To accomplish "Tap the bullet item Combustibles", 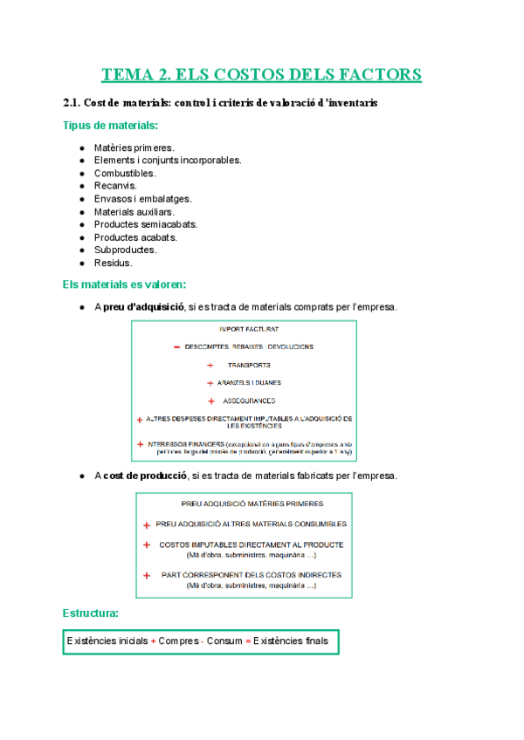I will click(126, 173).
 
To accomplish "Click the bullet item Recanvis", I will click(115, 186).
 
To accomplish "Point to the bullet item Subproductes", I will click(126, 250).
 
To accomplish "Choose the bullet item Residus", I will click(114, 263).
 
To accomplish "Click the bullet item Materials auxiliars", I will click(134, 211).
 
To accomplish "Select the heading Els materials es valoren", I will click(124, 284).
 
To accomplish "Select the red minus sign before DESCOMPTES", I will click(176, 346).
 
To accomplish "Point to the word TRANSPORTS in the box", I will click(249, 365).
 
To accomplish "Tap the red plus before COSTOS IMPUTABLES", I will click(146, 545).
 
